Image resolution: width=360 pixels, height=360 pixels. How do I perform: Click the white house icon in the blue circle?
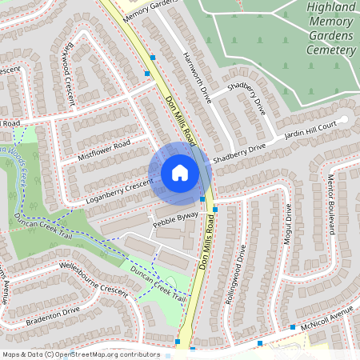(x=180, y=173)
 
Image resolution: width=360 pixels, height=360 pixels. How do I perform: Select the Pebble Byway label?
(x=174, y=219)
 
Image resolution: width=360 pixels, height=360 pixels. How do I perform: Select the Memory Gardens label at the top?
(x=150, y=8)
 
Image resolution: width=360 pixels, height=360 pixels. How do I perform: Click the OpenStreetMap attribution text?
(x=80, y=354)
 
